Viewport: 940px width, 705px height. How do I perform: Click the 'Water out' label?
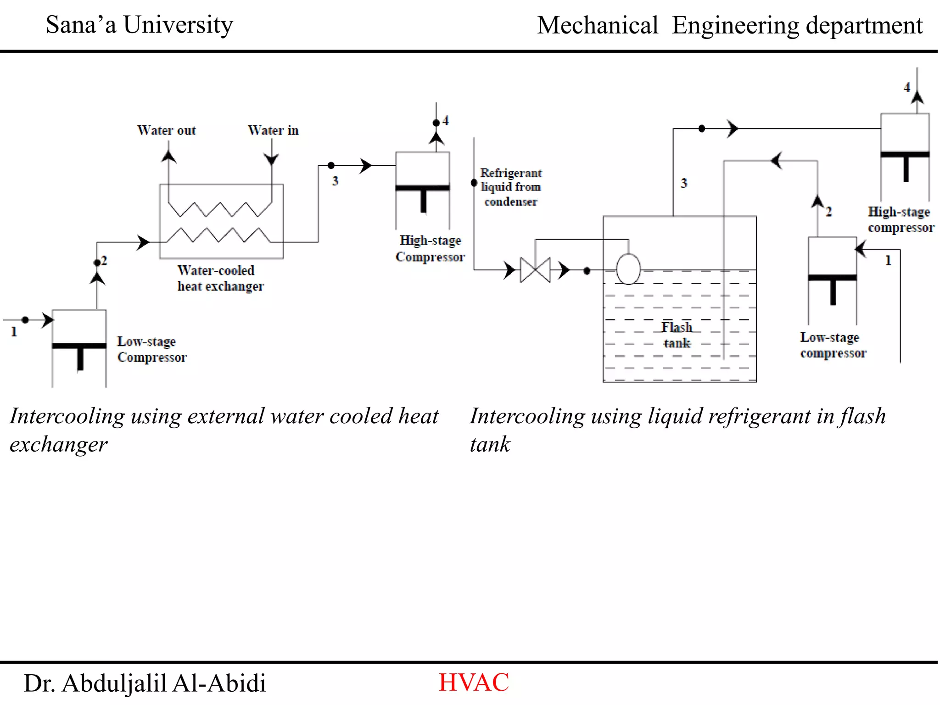pos(166,131)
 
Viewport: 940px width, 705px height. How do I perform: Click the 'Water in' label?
pos(273,131)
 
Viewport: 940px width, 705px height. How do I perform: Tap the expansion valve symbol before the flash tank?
pos(535,270)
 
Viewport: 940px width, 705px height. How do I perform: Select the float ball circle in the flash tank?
pos(628,269)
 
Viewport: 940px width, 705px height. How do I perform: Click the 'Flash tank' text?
pos(677,335)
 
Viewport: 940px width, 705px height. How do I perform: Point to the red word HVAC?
pos(473,683)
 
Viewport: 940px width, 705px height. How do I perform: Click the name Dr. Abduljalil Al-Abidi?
pos(145,683)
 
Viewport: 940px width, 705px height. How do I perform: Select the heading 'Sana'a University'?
pos(139,25)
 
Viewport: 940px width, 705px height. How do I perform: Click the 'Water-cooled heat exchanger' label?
pos(220,278)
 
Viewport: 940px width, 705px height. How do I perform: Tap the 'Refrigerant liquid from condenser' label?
pos(510,187)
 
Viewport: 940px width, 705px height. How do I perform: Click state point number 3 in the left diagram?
pos(335,181)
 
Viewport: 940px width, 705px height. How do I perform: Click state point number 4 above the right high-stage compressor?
pos(906,87)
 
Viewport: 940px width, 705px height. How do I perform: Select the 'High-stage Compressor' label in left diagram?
pos(430,248)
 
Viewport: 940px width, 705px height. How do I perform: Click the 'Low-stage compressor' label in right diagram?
pos(833,345)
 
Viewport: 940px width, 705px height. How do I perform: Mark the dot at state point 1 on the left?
pos(25,320)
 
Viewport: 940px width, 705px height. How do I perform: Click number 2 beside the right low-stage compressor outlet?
pos(829,212)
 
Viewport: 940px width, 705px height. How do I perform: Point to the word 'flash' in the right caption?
pos(863,416)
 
